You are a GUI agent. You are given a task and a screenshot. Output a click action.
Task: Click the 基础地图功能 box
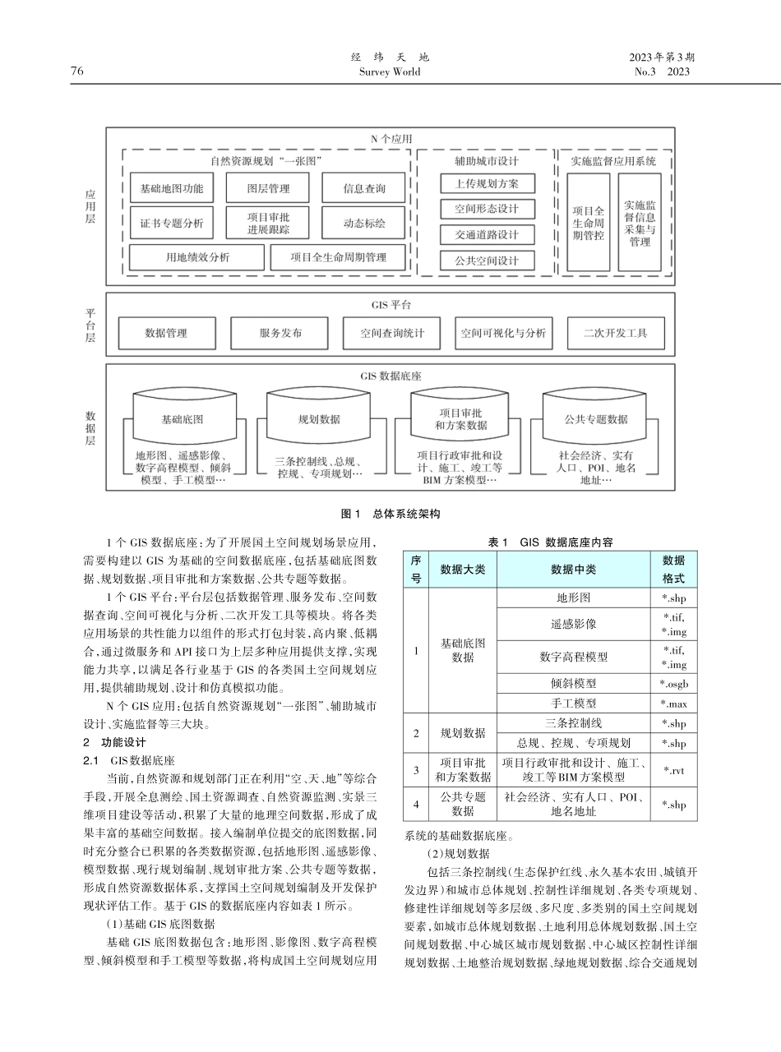[x=172, y=188]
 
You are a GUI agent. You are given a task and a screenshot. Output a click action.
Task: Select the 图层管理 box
[x=268, y=188]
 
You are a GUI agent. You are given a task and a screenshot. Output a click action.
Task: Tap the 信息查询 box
[x=364, y=188]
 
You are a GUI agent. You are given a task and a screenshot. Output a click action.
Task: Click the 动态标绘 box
[x=364, y=222]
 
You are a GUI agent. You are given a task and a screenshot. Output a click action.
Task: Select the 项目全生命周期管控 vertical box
[x=589, y=222]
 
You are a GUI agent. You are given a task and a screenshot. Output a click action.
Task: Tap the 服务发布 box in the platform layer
[x=280, y=333]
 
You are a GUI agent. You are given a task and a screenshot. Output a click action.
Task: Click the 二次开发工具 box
[x=615, y=333]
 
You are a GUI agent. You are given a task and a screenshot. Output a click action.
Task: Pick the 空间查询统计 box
[x=391, y=333]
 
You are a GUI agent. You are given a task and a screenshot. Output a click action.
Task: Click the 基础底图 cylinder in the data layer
[x=182, y=418]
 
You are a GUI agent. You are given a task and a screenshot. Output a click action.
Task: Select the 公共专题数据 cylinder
[x=595, y=418]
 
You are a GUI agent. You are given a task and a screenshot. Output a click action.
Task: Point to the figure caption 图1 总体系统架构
[x=390, y=514]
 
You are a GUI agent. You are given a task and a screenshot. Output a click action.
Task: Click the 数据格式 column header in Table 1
[x=673, y=568]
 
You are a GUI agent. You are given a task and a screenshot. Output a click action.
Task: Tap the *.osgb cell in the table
[x=673, y=683]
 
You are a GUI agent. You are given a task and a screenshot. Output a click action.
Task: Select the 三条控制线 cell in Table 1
[x=574, y=723]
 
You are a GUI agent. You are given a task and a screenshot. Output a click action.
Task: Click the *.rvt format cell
[x=673, y=770]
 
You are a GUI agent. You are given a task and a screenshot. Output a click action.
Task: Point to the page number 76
[x=77, y=72]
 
